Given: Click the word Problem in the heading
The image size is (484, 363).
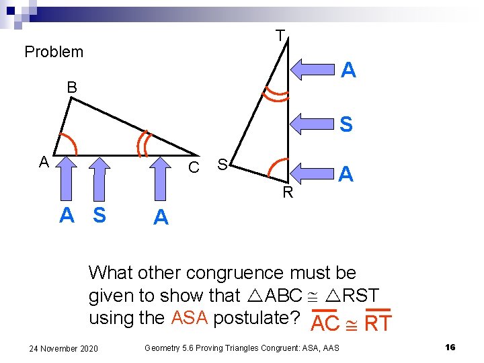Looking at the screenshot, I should [x=54, y=52].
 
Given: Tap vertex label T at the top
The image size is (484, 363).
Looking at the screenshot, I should [x=280, y=36].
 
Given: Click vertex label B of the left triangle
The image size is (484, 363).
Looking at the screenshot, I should [x=71, y=87].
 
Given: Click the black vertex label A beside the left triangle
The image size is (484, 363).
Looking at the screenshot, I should [x=44, y=162].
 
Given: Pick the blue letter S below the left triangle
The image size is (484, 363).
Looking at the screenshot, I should [x=99, y=216].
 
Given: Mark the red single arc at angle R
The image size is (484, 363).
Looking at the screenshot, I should [x=276, y=167].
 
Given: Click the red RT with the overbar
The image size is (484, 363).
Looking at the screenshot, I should [x=377, y=323].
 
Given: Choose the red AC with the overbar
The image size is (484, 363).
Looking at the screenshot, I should [x=326, y=323].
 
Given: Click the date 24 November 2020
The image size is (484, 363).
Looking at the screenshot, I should [x=64, y=348].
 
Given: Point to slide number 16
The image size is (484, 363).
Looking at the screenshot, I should [x=450, y=347].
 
